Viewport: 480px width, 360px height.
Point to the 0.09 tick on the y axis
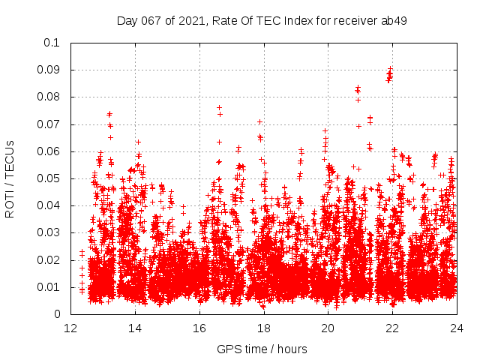click(52, 70)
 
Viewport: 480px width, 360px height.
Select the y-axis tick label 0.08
click(52, 97)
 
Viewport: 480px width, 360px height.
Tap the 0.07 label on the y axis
click(52, 124)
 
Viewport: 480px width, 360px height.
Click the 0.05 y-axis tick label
click(52, 178)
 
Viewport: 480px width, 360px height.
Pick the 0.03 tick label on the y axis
click(52, 232)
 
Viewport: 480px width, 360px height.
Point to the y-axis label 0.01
click(52, 287)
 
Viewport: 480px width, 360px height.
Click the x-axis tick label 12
click(70, 328)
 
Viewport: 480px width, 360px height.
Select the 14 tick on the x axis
click(135, 328)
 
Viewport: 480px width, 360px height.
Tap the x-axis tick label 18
click(264, 328)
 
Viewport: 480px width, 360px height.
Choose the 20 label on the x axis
click(328, 328)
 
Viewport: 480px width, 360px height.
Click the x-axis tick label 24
click(457, 328)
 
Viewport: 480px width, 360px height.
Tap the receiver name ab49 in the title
click(393, 20)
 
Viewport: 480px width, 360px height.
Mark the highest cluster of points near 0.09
click(389, 74)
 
